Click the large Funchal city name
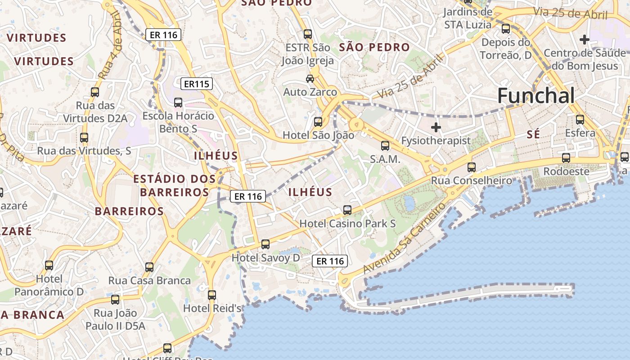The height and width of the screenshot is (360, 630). point(536,96)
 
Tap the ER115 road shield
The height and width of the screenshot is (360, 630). point(197,84)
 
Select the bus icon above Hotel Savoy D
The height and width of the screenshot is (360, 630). point(265,244)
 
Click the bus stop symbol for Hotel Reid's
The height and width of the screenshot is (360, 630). point(212,295)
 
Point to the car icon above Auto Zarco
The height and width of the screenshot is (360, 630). point(310,79)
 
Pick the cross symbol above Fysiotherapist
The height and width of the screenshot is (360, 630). point(436,127)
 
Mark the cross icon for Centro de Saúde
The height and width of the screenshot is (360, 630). point(585,40)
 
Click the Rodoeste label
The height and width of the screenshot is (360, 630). point(566,171)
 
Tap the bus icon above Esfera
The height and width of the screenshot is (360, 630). point(580,120)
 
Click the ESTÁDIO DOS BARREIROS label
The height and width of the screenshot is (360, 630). point(174,185)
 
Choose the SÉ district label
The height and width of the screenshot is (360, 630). point(533,135)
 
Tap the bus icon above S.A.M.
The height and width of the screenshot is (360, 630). point(385,146)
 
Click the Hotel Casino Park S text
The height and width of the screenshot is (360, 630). point(347,223)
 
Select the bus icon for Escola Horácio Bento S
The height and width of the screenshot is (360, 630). point(178,103)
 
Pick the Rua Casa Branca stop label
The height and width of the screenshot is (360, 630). point(149,280)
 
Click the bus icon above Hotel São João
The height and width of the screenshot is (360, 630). point(318,122)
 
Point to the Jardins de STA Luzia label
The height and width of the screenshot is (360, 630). point(468,18)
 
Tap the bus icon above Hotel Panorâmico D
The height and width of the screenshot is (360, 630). point(49,265)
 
